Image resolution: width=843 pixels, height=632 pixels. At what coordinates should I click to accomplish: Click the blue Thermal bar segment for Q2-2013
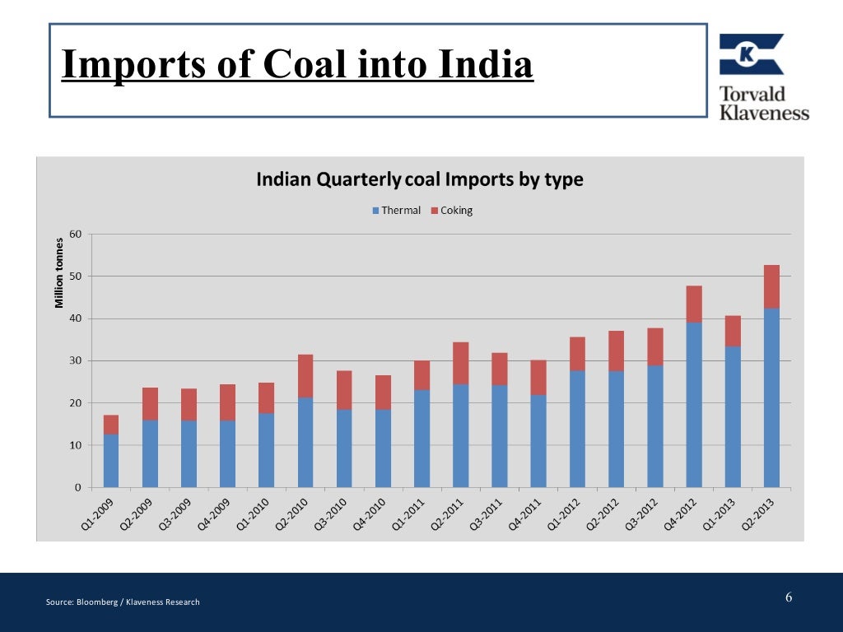click(771, 398)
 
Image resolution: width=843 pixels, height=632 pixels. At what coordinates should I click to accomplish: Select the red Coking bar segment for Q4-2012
click(694, 304)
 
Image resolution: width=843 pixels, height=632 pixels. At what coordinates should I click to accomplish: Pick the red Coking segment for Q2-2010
click(305, 376)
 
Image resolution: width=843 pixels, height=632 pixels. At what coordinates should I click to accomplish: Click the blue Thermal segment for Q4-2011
click(538, 441)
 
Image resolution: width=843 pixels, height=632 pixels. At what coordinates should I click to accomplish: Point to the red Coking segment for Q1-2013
click(733, 331)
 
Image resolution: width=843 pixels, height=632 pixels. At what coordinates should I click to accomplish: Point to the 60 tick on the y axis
click(76, 235)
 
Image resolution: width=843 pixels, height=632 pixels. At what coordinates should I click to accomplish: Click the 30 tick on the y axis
click(76, 361)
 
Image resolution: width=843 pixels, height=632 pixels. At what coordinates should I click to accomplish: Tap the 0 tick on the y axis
click(78, 488)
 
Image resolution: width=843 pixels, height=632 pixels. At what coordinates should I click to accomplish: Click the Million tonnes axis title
click(59, 272)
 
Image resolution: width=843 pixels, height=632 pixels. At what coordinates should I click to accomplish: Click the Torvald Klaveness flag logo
click(751, 54)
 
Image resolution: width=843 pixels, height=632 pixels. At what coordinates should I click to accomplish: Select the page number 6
click(789, 597)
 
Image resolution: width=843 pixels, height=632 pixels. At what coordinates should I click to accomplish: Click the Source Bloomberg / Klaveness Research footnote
click(123, 602)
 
